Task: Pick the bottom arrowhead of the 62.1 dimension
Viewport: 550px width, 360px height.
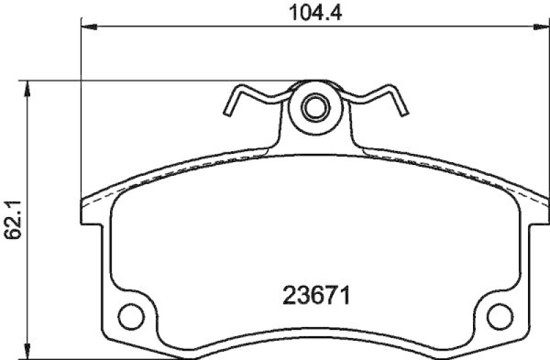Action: pos(27,352)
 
